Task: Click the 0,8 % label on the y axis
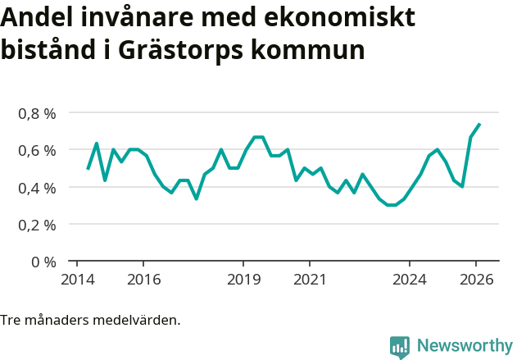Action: tap(37, 113)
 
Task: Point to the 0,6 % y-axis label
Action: tap(37, 150)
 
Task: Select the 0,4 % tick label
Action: tap(37, 188)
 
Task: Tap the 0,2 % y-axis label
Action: tap(37, 225)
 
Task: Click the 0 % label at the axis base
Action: tap(43, 262)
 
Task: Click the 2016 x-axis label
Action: tap(143, 280)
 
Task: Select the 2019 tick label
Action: tap(243, 280)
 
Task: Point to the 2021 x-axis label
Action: tap(310, 280)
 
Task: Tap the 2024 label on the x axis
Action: tap(410, 280)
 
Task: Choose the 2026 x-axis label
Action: tap(477, 280)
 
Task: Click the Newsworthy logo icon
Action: tap(400, 347)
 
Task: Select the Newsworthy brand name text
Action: tap(464, 346)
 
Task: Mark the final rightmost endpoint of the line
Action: tap(479, 124)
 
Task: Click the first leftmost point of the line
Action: tap(88, 169)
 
